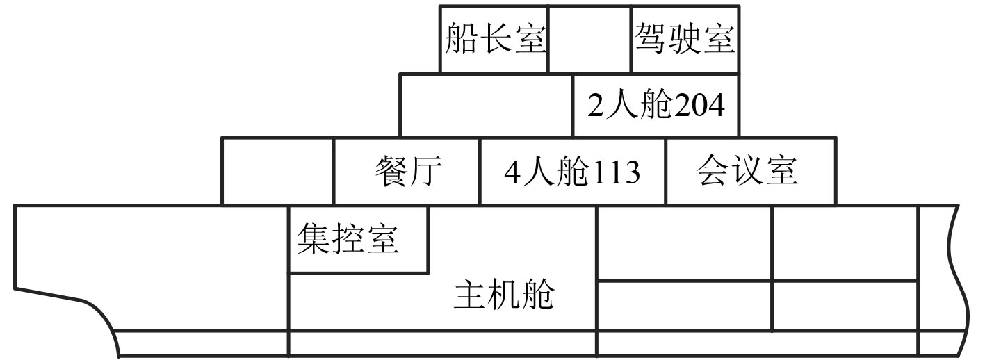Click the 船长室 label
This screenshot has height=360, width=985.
(x=495, y=39)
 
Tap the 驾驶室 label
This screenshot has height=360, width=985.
(x=685, y=39)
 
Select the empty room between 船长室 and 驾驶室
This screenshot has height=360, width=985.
(x=589, y=39)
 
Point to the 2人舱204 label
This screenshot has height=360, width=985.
(x=656, y=106)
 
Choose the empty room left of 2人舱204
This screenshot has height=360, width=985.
(x=486, y=105)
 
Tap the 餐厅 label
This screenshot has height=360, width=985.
(x=408, y=171)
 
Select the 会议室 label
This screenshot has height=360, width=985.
(x=747, y=171)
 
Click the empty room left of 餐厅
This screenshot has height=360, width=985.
(x=277, y=171)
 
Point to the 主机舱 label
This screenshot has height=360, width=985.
(x=504, y=295)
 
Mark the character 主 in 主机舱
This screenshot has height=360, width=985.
(x=470, y=295)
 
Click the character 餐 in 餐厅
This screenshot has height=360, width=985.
(x=391, y=171)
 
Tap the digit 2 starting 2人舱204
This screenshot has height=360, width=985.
(x=595, y=106)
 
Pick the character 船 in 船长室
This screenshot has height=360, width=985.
(x=461, y=39)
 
